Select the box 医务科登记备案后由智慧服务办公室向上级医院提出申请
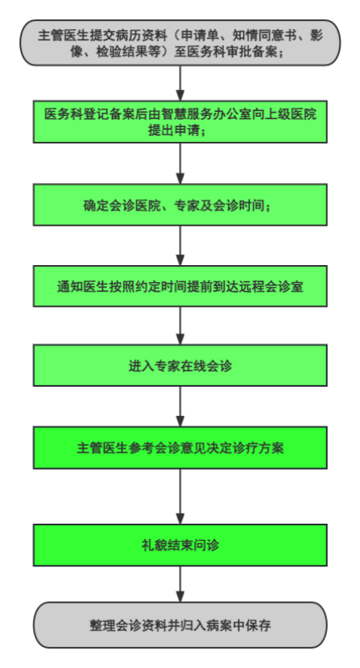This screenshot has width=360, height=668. (180, 122)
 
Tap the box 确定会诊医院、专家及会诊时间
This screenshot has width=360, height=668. (180, 205)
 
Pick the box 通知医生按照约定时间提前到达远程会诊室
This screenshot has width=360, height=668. (180, 286)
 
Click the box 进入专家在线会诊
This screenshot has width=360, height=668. (180, 367)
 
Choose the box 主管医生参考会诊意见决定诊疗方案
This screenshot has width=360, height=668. (180, 448)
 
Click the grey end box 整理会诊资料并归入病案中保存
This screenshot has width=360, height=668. (180, 624)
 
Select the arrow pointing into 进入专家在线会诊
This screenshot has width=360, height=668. (180, 326)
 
